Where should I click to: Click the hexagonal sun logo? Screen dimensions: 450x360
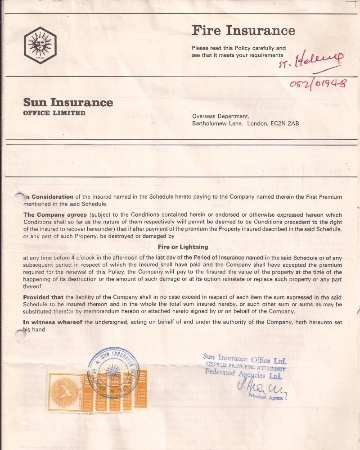coord(40,45)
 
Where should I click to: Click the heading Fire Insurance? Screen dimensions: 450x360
coord(243,31)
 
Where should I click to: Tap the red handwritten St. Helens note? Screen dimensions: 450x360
coord(310,60)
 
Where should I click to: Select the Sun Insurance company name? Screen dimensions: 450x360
coord(68,103)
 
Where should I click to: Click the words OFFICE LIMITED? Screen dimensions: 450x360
coord(54,113)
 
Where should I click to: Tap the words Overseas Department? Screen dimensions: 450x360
coord(220,116)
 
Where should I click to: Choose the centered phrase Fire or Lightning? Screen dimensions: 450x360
coord(183,247)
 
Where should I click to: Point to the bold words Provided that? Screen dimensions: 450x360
coord(44,297)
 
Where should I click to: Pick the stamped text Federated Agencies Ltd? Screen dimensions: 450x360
coord(243,374)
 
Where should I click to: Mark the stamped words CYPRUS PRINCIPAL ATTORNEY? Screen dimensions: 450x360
coord(246,366)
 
